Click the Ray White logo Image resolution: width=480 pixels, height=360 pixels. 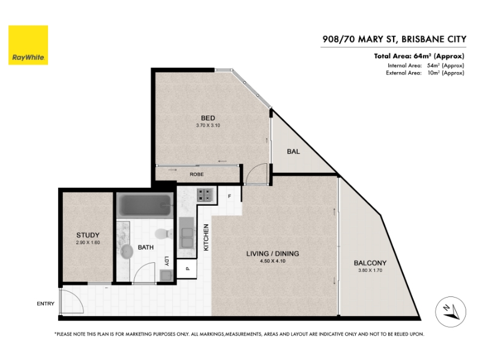click(x=28, y=45)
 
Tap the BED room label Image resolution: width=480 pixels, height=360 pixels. click(x=208, y=118)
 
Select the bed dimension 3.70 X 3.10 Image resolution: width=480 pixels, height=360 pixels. click(x=208, y=125)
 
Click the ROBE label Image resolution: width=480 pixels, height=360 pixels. click(x=197, y=174)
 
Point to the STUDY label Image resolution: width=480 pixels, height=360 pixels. click(x=88, y=235)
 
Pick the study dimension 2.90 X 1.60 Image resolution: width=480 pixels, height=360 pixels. click(x=88, y=242)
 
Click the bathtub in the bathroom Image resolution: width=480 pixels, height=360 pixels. click(x=145, y=205)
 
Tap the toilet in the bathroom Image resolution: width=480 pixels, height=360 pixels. click(x=164, y=234)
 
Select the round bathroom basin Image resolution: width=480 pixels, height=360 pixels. click(x=127, y=251)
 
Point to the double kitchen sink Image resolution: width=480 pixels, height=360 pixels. click(x=187, y=238)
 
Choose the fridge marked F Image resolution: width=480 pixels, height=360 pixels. click(x=230, y=196)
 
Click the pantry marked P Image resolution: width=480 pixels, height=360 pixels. click(x=187, y=269)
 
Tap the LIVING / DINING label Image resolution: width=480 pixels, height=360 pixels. click(x=273, y=253)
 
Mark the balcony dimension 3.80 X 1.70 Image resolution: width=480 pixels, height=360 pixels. click(x=370, y=271)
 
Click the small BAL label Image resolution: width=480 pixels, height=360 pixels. click(x=293, y=151)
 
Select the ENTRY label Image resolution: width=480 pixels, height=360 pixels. click(x=46, y=304)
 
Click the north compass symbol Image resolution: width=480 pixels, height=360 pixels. click(x=451, y=312)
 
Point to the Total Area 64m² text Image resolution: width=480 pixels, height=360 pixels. click(x=419, y=56)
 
